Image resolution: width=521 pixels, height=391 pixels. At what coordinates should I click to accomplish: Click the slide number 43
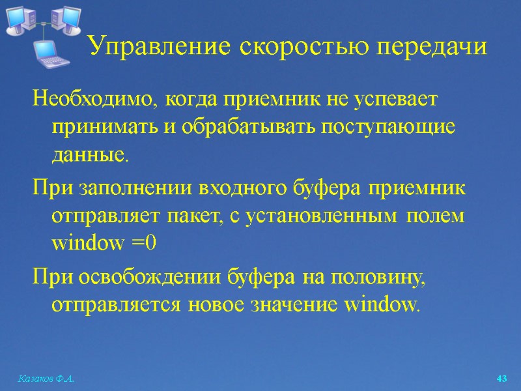point(501,379)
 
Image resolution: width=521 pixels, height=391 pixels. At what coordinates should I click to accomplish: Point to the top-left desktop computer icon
point(20,20)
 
